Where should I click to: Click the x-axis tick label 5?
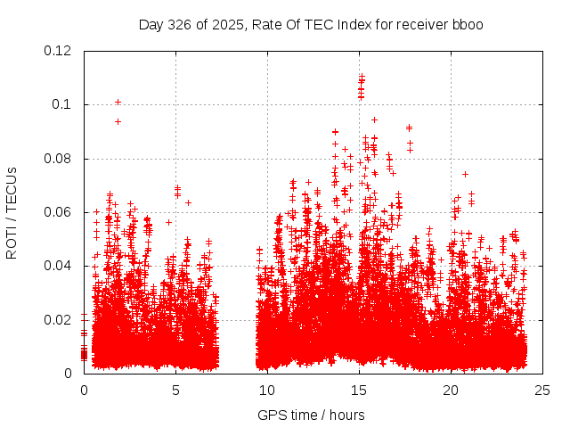176,390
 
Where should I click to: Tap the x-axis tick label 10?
267,390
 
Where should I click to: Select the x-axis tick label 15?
359,390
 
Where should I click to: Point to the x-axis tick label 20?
451,390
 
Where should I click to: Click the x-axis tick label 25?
542,390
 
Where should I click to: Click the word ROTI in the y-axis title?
12,240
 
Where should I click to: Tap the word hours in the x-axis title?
346,415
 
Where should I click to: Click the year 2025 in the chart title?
226,24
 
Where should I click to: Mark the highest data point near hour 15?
361,77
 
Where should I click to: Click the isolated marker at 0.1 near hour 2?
118,102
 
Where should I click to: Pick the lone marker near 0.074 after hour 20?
465,174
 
